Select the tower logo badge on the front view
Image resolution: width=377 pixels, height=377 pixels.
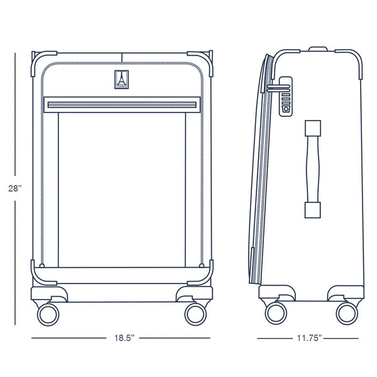coord(121,80)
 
